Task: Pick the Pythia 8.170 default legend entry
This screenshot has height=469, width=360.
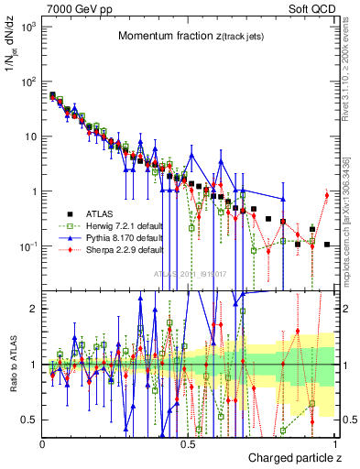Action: click(x=111, y=236)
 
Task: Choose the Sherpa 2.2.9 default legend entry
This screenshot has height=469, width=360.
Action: click(x=111, y=248)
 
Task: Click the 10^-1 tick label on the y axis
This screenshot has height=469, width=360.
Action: click(x=27, y=246)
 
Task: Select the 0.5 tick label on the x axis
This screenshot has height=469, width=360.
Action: click(x=188, y=443)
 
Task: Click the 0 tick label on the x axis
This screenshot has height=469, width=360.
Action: click(x=42, y=443)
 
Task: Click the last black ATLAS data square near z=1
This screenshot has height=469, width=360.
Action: click(x=327, y=245)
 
